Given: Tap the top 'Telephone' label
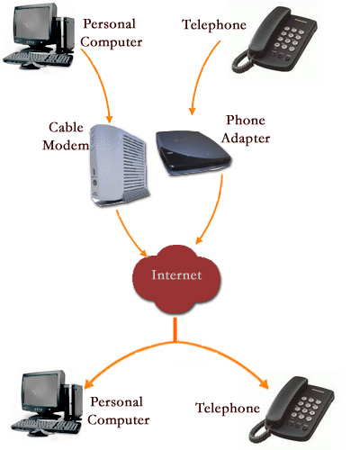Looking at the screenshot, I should (213, 23).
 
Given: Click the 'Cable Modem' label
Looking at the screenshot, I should (63, 137).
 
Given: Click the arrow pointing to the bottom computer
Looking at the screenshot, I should (126, 355).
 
